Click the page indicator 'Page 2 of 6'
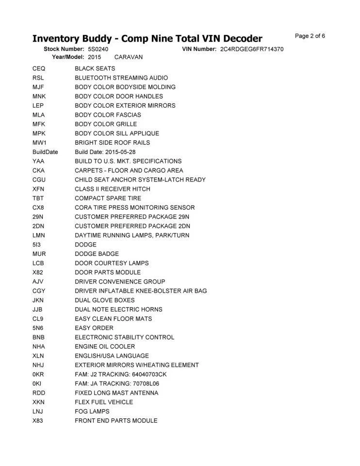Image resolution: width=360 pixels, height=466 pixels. tap(310, 36)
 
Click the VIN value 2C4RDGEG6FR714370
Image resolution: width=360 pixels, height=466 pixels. tap(251, 49)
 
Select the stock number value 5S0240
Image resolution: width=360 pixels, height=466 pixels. tap(98, 49)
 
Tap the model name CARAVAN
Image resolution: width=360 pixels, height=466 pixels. tap(128, 57)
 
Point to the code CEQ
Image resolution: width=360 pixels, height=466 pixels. tap(39, 68)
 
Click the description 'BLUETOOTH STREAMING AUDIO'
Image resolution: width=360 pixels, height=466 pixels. tap(121, 78)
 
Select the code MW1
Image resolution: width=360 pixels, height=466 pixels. tap(39, 143)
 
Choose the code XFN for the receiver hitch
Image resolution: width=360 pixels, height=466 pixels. tap(39, 189)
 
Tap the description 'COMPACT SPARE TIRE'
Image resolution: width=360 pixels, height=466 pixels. tap(108, 198)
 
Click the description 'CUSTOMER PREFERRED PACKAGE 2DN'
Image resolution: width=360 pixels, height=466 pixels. tap(132, 226)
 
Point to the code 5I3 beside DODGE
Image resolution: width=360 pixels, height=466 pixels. tap(36, 245)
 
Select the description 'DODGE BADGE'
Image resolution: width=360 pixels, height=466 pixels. tap(97, 254)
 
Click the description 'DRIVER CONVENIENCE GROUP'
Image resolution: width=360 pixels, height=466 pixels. tap(120, 282)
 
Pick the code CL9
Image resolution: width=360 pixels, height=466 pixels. tap(38, 319)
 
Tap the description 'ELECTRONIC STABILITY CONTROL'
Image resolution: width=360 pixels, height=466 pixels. tap(124, 337)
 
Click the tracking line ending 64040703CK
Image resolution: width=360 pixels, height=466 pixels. tap(120, 374)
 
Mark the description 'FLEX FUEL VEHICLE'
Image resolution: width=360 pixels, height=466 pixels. tap(104, 402)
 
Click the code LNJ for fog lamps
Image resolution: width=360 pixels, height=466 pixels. tap(38, 412)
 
